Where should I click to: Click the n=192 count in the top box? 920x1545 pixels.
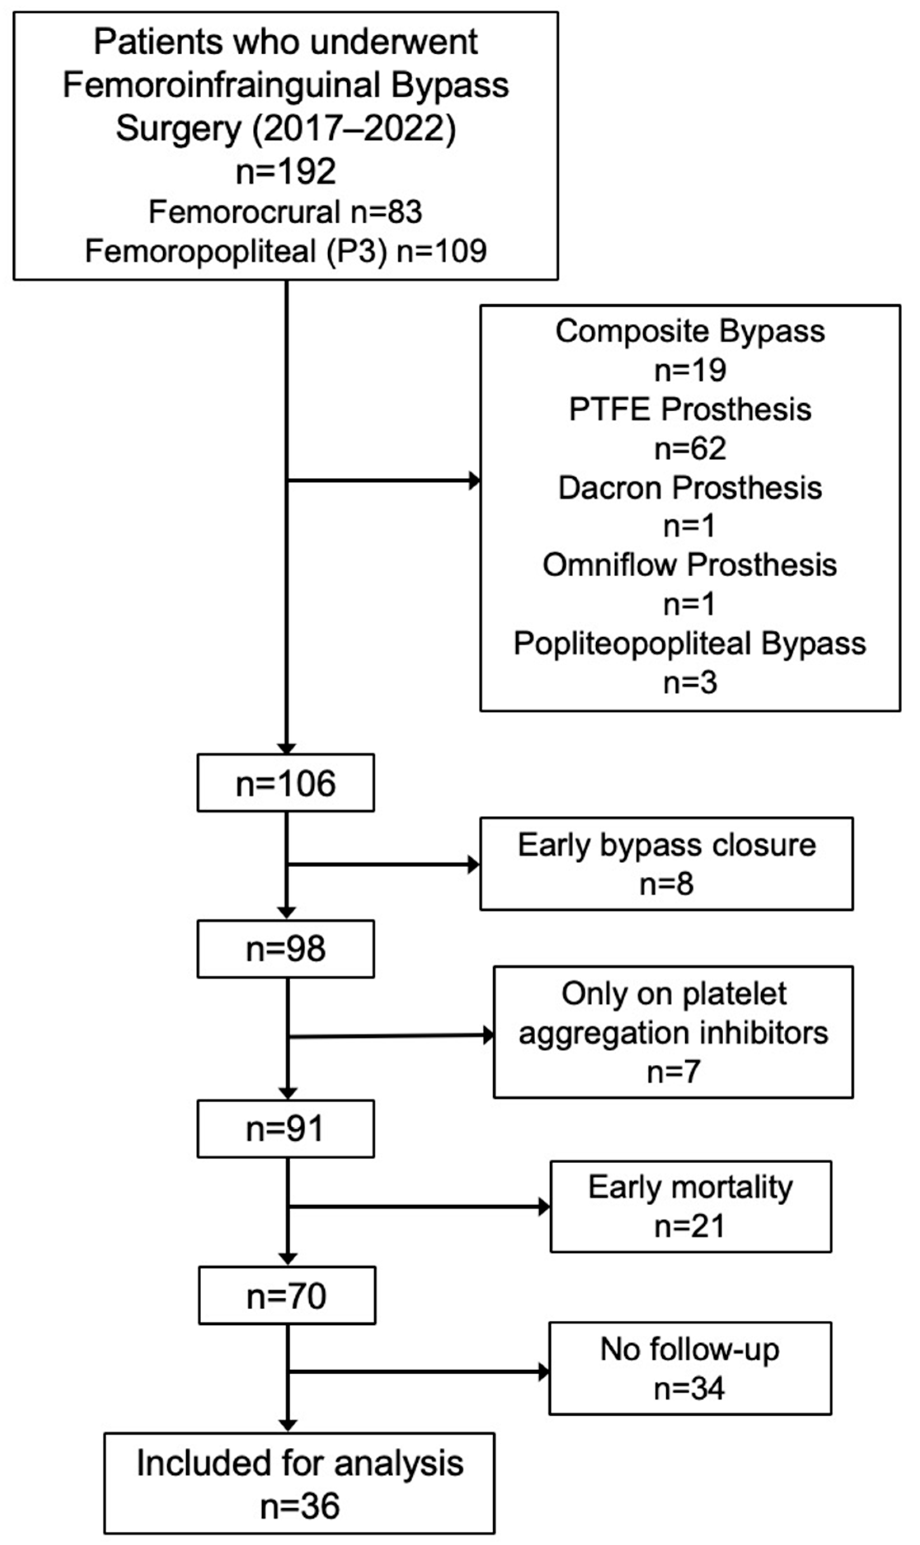[286, 171]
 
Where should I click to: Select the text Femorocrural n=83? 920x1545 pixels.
[286, 212]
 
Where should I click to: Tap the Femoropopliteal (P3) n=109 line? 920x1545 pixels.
[286, 251]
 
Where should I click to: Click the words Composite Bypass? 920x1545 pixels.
[690, 331]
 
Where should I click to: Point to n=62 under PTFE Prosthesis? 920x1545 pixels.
[690, 448]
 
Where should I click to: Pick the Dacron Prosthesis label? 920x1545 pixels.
[690, 487]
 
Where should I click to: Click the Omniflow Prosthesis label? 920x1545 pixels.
[690, 565]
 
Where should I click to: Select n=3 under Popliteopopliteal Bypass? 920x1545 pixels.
[690, 682]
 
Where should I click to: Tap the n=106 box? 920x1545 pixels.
[286, 783]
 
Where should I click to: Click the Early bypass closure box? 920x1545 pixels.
[666, 863]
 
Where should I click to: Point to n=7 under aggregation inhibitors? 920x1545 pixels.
[673, 1071]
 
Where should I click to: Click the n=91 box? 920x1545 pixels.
[286, 1129]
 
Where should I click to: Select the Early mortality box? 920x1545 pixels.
[691, 1206]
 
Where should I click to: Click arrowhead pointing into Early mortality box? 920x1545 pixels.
[544, 1207]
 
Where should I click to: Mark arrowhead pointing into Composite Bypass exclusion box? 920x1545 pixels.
[474, 480]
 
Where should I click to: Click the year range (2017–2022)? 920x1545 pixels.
[354, 128]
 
